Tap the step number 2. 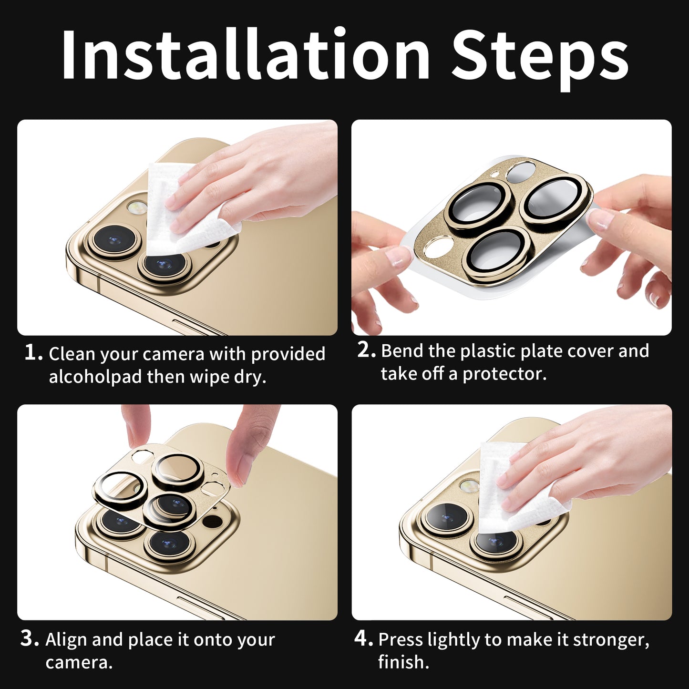(x=366, y=350)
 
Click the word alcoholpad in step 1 (x=95, y=377)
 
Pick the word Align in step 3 (x=66, y=639)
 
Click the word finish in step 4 (x=403, y=662)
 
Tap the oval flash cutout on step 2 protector (x=439, y=248)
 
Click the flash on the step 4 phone (x=469, y=486)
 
